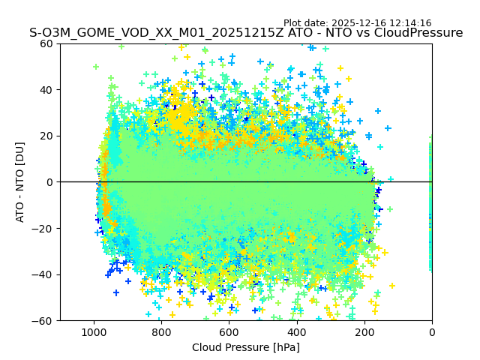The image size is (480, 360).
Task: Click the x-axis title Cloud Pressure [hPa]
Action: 246,347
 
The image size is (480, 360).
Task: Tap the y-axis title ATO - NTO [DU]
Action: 20,182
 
